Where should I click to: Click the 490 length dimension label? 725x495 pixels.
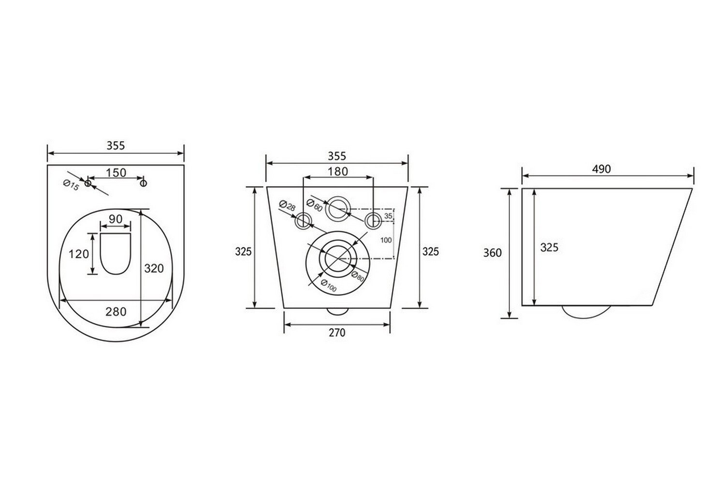pos(601,169)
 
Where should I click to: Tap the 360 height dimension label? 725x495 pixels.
pos(493,253)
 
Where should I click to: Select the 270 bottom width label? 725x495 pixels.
pos(337,333)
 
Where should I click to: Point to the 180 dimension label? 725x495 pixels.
pos(338,172)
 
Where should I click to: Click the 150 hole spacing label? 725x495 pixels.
pos(116,173)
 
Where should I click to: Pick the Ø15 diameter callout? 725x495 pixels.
pos(71,185)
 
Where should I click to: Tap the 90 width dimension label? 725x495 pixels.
pos(116,219)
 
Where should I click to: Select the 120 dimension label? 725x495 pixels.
pos(79,254)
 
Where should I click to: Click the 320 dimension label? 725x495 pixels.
pos(154,268)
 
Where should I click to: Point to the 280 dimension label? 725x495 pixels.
pos(116,312)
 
